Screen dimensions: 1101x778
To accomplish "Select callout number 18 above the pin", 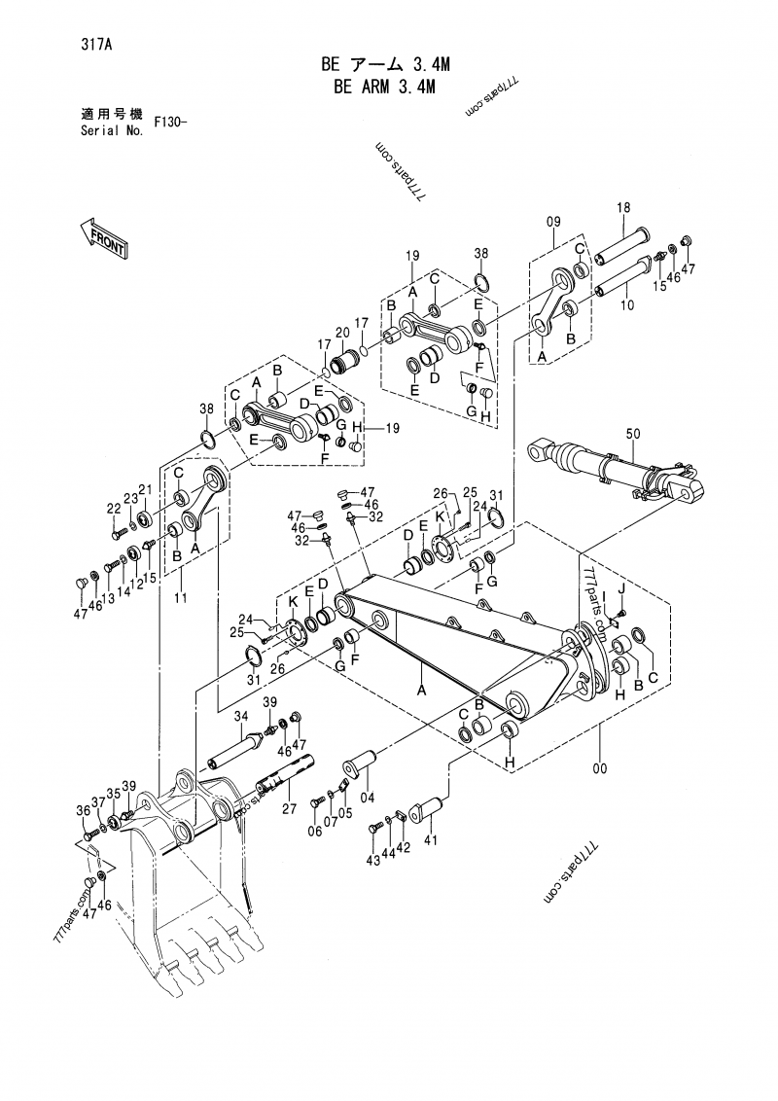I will pyautogui.click(x=623, y=207).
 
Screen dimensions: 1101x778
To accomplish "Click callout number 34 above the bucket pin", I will pyautogui.click(x=238, y=717).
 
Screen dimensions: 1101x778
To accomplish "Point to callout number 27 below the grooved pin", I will pyautogui.click(x=288, y=807).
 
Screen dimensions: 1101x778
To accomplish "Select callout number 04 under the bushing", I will pyautogui.click(x=368, y=799).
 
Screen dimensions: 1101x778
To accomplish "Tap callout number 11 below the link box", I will pyautogui.click(x=180, y=600).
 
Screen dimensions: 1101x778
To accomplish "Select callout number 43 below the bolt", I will pyautogui.click(x=372, y=860).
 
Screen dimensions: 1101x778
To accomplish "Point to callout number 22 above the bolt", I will pyautogui.click(x=114, y=509).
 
